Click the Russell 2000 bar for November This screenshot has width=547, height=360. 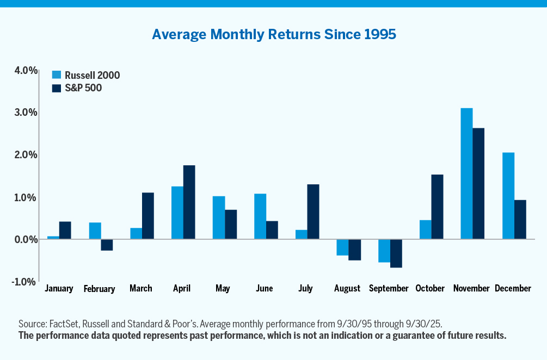(x=466, y=173)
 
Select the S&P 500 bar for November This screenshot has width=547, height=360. (x=478, y=183)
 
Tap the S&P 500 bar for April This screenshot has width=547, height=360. (x=189, y=202)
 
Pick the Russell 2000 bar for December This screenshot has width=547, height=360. (x=508, y=196)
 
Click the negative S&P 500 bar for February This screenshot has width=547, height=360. (x=107, y=245)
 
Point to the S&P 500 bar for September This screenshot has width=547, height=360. (x=396, y=253)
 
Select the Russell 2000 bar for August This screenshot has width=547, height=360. (x=342, y=247)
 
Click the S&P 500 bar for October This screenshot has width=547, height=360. (x=437, y=207)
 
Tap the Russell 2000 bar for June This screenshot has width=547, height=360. (x=260, y=216)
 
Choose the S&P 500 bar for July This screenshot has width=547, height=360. (x=313, y=212)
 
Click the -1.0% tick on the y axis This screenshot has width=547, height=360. (x=25, y=281)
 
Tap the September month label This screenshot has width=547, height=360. (x=389, y=288)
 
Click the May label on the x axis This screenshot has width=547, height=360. (x=223, y=288)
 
